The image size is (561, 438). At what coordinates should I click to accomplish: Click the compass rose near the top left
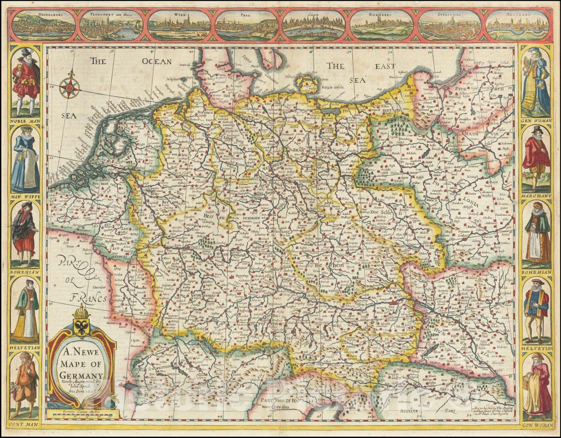pos(69,86)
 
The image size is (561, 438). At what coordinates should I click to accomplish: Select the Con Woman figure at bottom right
pos(536,385)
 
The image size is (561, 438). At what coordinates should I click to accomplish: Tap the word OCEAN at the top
pos(157,62)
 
